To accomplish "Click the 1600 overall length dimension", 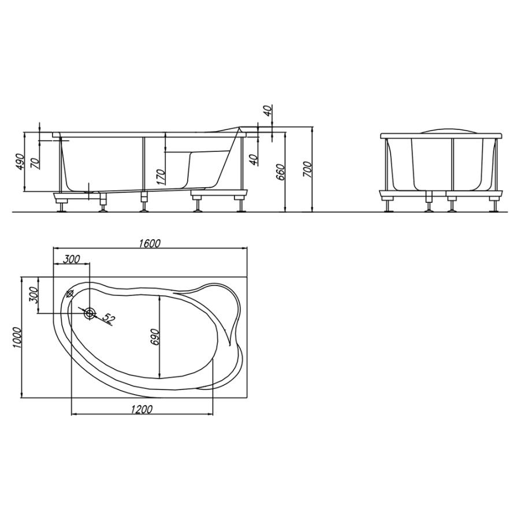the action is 150,244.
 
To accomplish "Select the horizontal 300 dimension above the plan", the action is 72,259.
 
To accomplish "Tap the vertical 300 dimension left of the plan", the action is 34,295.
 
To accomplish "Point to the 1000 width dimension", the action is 17,337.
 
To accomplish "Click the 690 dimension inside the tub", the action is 155,337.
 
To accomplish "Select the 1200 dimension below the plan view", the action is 142,410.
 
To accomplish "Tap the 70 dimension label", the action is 35,164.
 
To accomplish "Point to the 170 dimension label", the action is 161,177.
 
